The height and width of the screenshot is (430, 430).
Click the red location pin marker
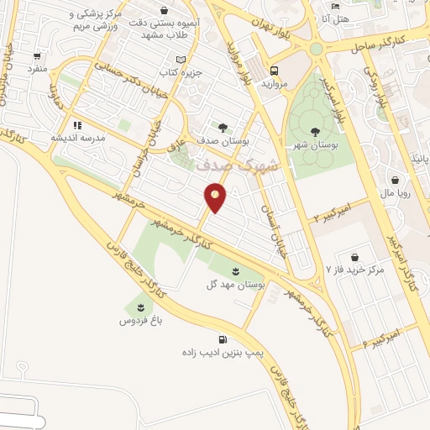click(216, 197)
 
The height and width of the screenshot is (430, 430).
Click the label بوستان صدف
click(223, 141)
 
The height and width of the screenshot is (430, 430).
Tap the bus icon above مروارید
click(275, 71)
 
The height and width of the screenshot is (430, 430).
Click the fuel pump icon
click(222, 339)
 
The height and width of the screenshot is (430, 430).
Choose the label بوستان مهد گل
click(236, 286)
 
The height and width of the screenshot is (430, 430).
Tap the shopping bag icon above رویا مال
click(395, 178)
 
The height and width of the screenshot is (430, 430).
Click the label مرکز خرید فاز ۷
click(354, 270)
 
